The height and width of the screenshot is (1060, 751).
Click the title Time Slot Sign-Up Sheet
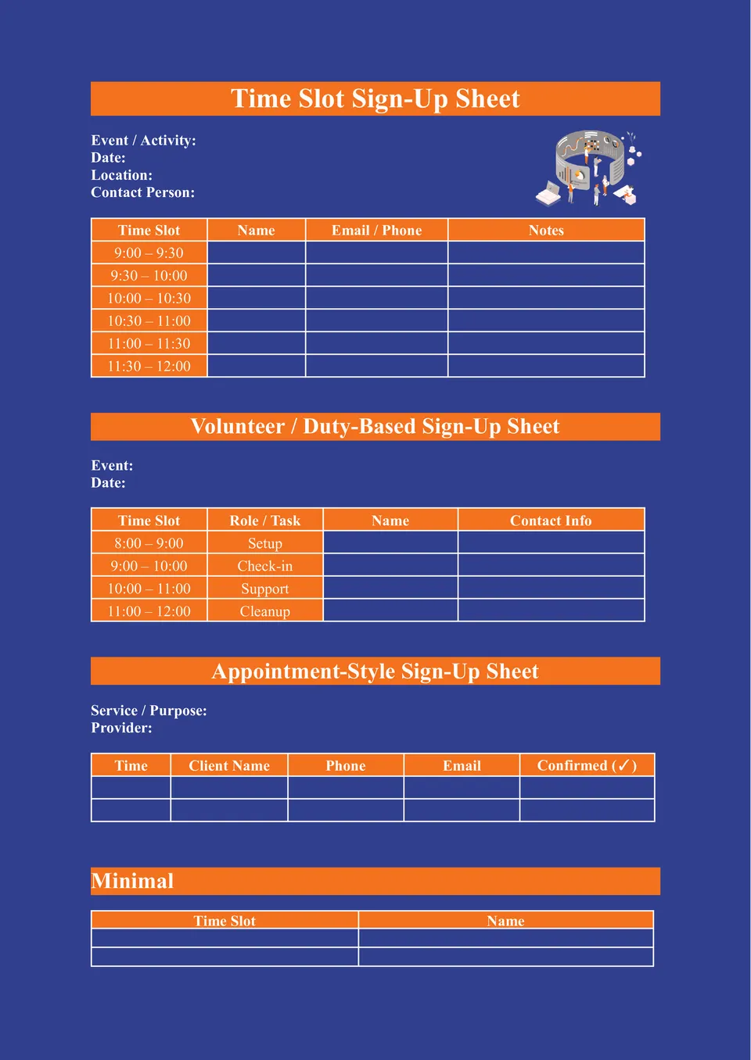tap(375, 99)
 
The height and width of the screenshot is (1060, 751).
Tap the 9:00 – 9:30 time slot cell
tap(149, 253)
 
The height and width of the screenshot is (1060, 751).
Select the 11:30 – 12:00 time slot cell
tap(149, 367)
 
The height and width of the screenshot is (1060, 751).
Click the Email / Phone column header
tap(376, 231)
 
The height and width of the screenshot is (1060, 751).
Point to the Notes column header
tap(546, 231)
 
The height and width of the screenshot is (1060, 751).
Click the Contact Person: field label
tap(142, 192)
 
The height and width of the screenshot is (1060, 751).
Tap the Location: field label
tap(121, 175)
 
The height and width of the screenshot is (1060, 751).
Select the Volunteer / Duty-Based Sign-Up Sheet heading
tap(375, 427)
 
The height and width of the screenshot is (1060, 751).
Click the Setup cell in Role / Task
tap(264, 543)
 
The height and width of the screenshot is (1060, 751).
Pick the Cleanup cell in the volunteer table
tap(264, 611)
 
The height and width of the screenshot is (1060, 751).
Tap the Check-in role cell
tap(264, 566)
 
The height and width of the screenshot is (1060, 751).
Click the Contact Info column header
tap(551, 521)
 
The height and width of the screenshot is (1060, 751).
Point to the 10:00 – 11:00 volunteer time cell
tap(149, 589)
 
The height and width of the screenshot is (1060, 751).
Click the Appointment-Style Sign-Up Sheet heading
tap(375, 671)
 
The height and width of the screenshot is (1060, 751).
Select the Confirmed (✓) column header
tap(587, 766)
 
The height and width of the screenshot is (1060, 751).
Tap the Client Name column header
tap(229, 766)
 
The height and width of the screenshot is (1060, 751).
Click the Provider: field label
tap(121, 728)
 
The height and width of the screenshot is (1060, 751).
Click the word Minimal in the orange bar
tap(132, 881)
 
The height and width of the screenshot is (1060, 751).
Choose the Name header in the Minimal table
tap(505, 921)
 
